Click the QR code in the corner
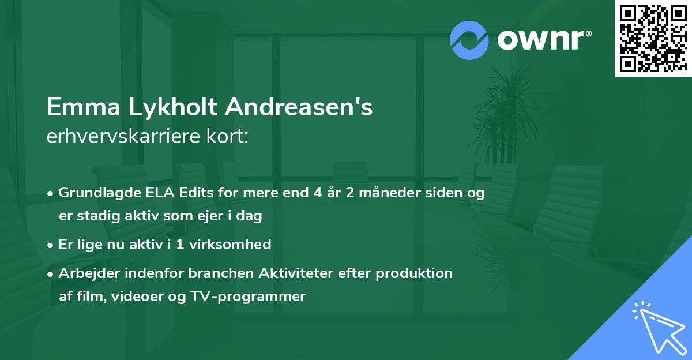pyautogui.click(x=653, y=39)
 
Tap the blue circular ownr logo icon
pyautogui.click(x=469, y=40)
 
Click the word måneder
pyautogui.click(x=390, y=193)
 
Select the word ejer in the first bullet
pyautogui.click(x=210, y=216)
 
